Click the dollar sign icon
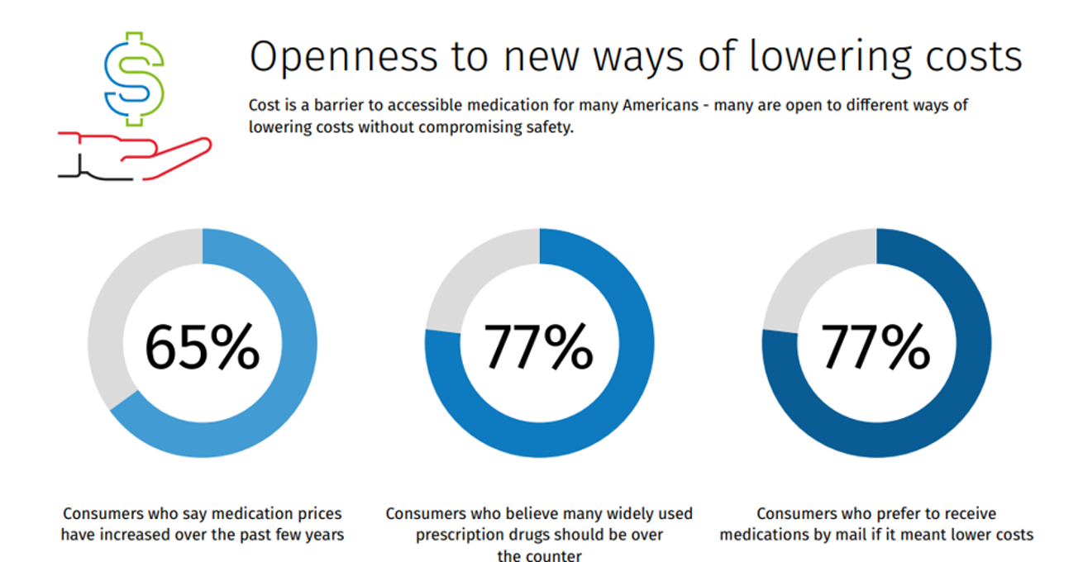point(134,79)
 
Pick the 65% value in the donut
point(203,346)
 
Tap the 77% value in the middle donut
point(538,346)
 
